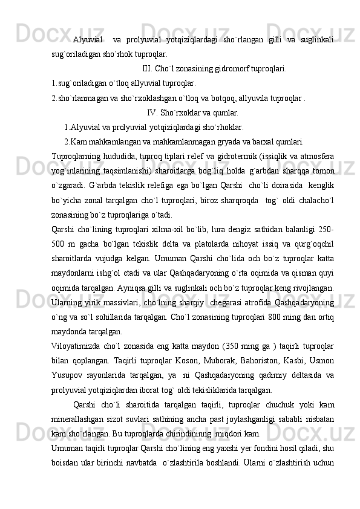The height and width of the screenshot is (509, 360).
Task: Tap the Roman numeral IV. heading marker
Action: click(152, 112)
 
